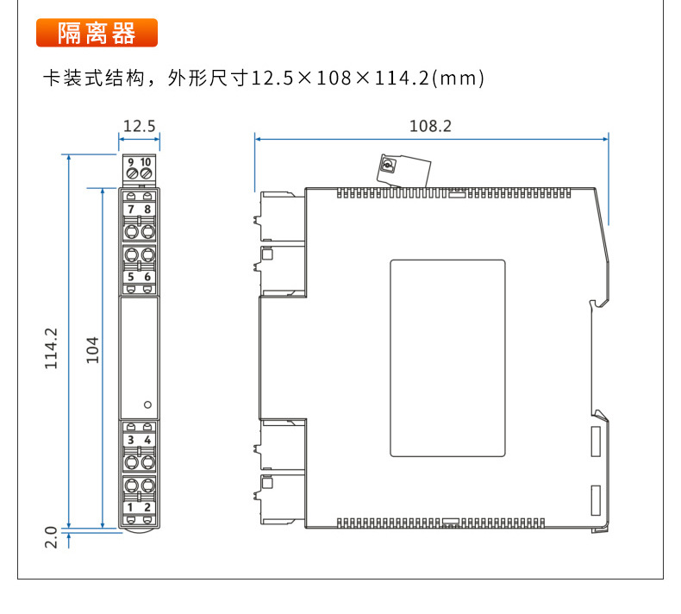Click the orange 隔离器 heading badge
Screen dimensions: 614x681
point(97,33)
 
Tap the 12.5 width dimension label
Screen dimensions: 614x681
point(139,126)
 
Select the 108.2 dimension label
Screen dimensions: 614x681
point(430,126)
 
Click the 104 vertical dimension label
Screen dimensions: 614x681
point(93,348)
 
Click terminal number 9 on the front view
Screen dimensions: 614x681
point(131,162)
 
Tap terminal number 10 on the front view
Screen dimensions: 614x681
point(146,162)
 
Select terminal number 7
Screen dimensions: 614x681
point(131,210)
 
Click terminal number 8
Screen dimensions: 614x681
point(147,210)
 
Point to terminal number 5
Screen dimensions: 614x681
point(131,277)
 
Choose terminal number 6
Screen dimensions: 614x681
point(147,277)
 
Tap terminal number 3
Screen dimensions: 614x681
point(131,440)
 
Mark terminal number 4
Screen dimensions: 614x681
point(147,440)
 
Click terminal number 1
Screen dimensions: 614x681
point(131,507)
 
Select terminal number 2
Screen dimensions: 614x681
point(147,507)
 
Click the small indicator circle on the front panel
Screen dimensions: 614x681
point(147,404)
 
